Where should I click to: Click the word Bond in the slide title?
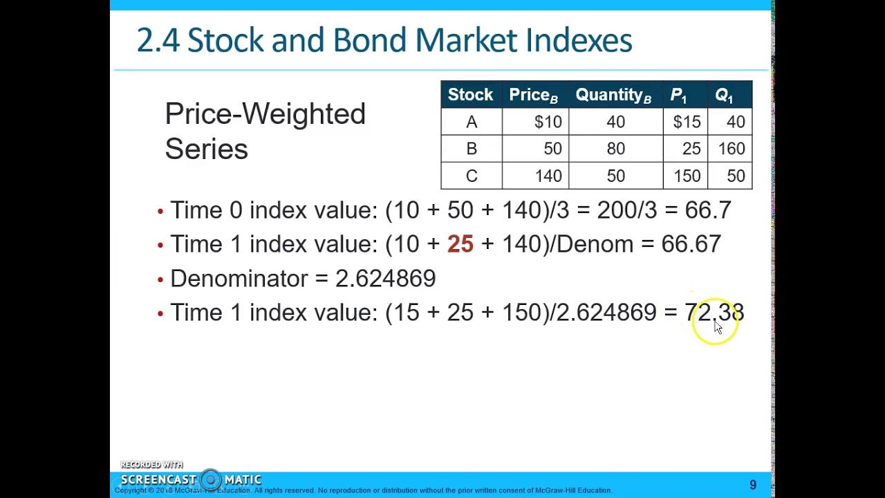pos(370,40)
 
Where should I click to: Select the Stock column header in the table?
pos(470,95)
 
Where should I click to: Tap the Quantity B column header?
pos(613,95)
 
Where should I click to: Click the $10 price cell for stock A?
pos(548,122)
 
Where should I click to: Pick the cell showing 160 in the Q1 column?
pos(731,149)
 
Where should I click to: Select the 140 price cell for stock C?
pos(548,176)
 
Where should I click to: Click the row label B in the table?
pos(472,149)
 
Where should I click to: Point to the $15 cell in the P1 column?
pos(687,122)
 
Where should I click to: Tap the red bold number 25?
pos(460,244)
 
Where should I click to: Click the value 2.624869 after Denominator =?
pos(385,279)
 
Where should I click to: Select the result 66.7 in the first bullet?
pos(707,210)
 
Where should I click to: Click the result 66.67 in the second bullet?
pos(691,244)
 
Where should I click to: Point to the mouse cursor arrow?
pos(718,327)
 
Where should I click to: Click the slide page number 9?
pos(753,486)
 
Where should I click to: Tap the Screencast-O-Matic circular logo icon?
pos(211,479)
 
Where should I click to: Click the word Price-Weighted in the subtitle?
pos(265,114)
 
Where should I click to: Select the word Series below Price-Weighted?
pos(206,149)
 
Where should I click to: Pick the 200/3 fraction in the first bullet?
pos(626,210)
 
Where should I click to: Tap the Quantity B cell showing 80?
pos(615,149)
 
